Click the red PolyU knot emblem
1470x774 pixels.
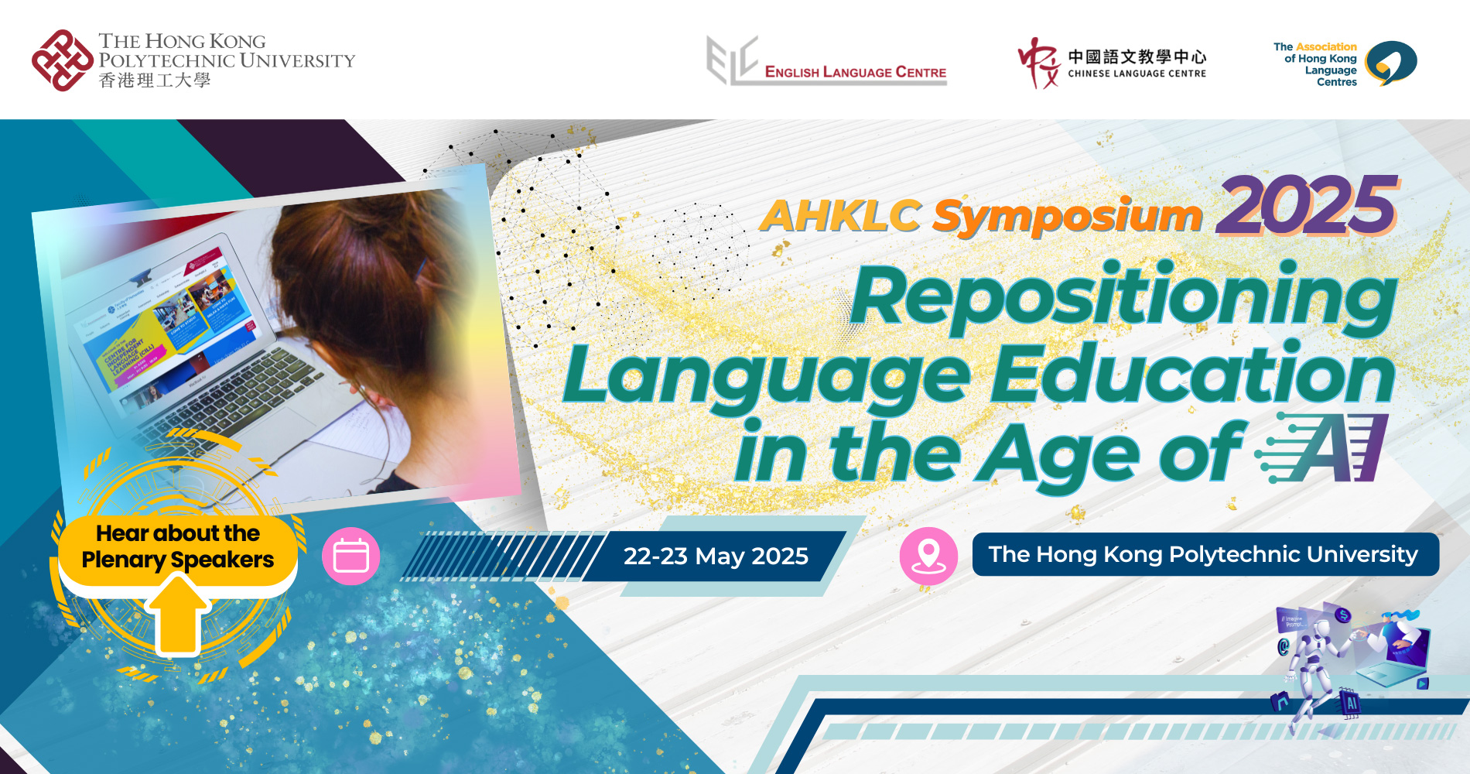(x=63, y=60)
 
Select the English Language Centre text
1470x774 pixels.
(x=855, y=72)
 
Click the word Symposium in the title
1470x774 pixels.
(x=1067, y=217)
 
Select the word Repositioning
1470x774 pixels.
(x=1123, y=297)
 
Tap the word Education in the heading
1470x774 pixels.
(x=1192, y=375)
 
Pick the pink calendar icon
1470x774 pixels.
(x=350, y=557)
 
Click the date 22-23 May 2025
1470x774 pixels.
(x=716, y=556)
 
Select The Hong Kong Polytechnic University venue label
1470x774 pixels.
(x=1204, y=554)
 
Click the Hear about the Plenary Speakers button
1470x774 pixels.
(x=178, y=546)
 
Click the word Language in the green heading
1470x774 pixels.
(x=766, y=375)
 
